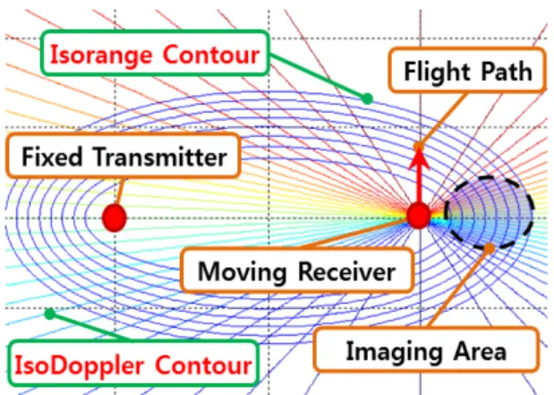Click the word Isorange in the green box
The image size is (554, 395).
[x=101, y=56]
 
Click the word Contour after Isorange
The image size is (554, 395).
[x=211, y=55]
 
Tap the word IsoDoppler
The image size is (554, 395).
[x=79, y=365]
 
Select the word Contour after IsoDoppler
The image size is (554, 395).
[x=203, y=365]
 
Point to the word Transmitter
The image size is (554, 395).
[x=160, y=157]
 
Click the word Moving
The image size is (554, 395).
[x=242, y=271]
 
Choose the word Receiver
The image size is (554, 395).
[x=346, y=271]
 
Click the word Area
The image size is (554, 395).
[x=480, y=351]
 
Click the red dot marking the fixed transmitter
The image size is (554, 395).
[x=115, y=218]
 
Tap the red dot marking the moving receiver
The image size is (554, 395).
[x=419, y=216]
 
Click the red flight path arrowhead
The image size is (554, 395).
[x=419, y=158]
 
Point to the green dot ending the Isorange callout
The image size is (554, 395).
[x=368, y=99]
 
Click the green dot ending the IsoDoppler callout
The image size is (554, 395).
[x=50, y=313]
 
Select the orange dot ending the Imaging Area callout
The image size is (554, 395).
[x=490, y=249]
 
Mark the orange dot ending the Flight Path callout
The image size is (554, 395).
[x=419, y=146]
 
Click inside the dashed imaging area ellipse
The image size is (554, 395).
[x=489, y=213]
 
